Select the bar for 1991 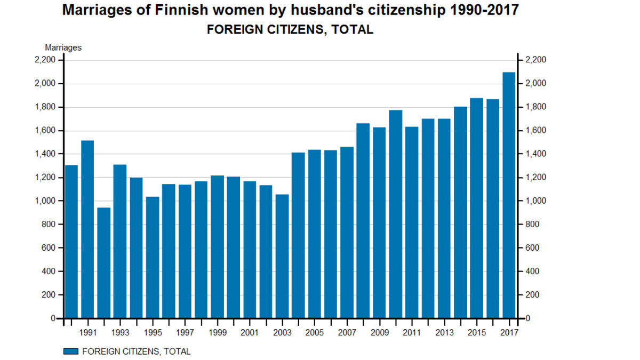(87, 229)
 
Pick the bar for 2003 (282, 256)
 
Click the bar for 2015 (476, 208)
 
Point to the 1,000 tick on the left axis (45, 201)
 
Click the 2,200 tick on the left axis (45, 60)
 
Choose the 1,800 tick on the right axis (536, 107)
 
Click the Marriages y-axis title (63, 47)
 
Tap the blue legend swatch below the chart (70, 351)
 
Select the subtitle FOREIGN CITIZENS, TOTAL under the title (290, 30)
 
